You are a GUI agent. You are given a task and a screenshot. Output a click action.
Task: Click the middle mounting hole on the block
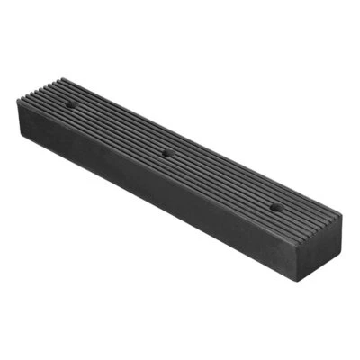coord(166,153)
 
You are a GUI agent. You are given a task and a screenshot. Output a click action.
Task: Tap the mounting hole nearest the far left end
coord(71,105)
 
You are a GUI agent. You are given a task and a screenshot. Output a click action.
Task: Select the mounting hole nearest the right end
coord(274,207)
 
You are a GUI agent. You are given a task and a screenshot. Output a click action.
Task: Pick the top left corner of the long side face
coord(18,101)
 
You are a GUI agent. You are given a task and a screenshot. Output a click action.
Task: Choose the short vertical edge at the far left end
coord(18,117)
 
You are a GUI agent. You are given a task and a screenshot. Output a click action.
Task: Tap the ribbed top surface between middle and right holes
coord(220,180)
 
